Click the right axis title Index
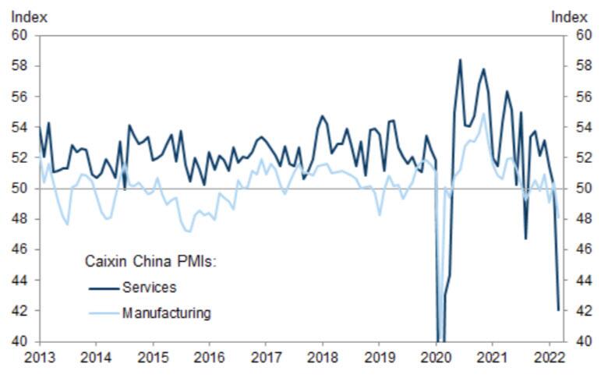point(568,16)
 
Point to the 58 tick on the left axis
point(19,66)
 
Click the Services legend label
point(149,288)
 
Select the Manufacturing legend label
point(166,313)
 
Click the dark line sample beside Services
point(104,288)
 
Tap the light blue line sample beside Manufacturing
point(104,313)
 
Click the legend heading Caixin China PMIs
point(149,262)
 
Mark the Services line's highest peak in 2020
point(460,59)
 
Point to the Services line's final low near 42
point(558,310)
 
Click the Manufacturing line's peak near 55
point(483,114)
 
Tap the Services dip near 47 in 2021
point(525,238)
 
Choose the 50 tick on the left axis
point(19,189)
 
